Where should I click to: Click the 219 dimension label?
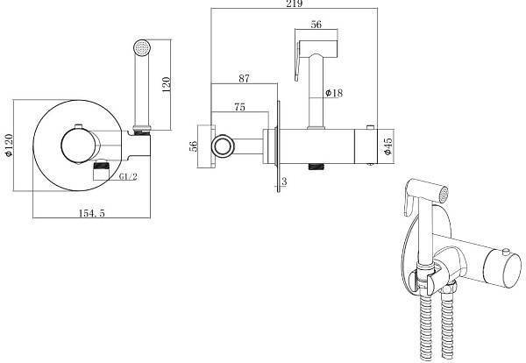pos(295,4)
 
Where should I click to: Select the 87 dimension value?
pos(245,78)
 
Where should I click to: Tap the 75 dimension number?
pos(239,107)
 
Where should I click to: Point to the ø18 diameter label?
pos(334,93)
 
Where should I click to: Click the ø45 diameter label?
pos(387,146)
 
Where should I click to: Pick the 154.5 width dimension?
pos(91,213)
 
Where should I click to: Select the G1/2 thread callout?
pos(129,176)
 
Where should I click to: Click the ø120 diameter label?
pos(9,145)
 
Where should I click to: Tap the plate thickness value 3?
pos(284,181)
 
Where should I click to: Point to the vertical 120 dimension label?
pos(166,84)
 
